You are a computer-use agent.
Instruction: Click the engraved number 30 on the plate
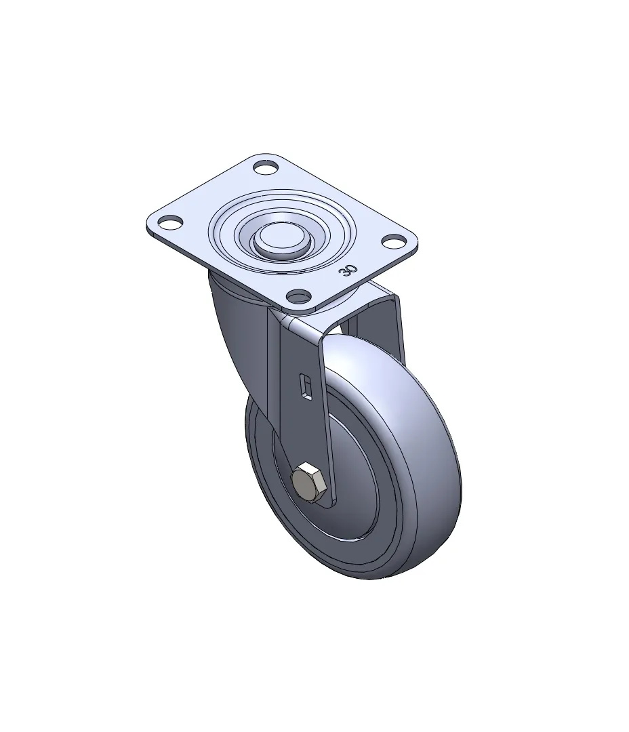coord(350,270)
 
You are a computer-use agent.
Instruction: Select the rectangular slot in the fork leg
coord(306,387)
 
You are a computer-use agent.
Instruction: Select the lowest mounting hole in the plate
coord(299,295)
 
